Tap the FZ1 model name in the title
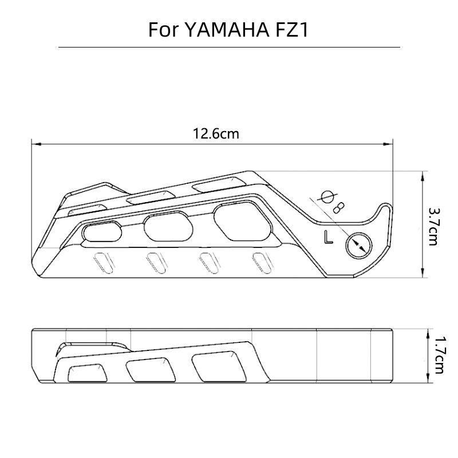tap(289, 30)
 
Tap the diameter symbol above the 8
tap(328, 196)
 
